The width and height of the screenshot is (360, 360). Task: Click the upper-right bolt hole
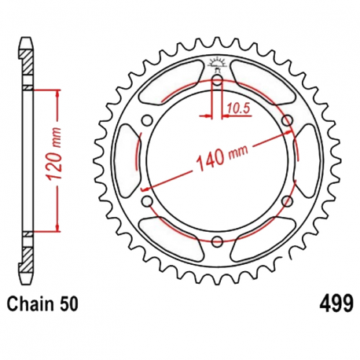pyautogui.click(x=287, y=119)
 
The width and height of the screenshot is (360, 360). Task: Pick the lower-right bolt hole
pyautogui.click(x=287, y=201)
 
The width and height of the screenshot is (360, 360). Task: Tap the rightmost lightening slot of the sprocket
pyautogui.click(x=307, y=160)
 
